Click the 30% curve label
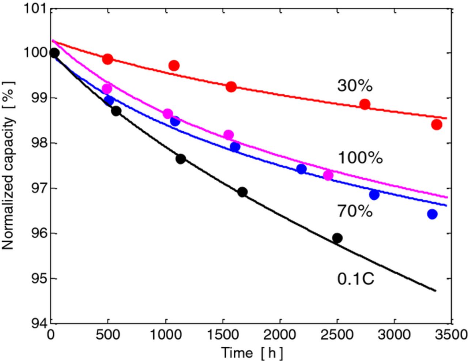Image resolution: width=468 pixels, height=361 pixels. click(355, 86)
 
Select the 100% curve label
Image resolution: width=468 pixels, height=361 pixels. click(360, 158)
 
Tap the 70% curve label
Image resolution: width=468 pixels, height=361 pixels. click(355, 211)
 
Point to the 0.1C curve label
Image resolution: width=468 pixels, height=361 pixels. click(356, 279)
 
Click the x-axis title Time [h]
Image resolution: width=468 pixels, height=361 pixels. click(252, 353)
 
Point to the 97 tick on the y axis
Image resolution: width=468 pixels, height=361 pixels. click(39, 188)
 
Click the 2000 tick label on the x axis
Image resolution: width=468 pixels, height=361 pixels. click(280, 334)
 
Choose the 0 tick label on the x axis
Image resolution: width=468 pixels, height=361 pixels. click(51, 334)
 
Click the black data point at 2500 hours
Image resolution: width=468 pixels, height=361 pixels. click(337, 238)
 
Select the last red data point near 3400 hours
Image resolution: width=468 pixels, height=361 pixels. click(437, 125)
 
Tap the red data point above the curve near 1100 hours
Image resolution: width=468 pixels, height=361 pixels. click(174, 66)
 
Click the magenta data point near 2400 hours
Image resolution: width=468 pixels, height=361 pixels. click(328, 175)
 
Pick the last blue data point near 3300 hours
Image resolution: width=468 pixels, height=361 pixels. click(432, 214)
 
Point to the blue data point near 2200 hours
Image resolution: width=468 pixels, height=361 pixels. click(301, 169)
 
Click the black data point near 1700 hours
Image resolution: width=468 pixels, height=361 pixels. click(242, 192)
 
